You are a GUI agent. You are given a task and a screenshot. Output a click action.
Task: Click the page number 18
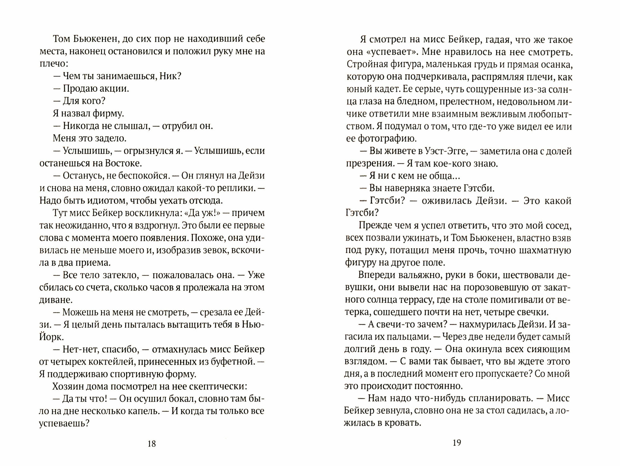tap(151, 444)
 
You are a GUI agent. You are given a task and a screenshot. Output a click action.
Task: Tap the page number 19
tap(457, 443)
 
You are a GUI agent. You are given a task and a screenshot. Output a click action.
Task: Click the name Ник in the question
tap(170, 76)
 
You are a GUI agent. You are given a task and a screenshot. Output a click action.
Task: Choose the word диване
tap(55, 300)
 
